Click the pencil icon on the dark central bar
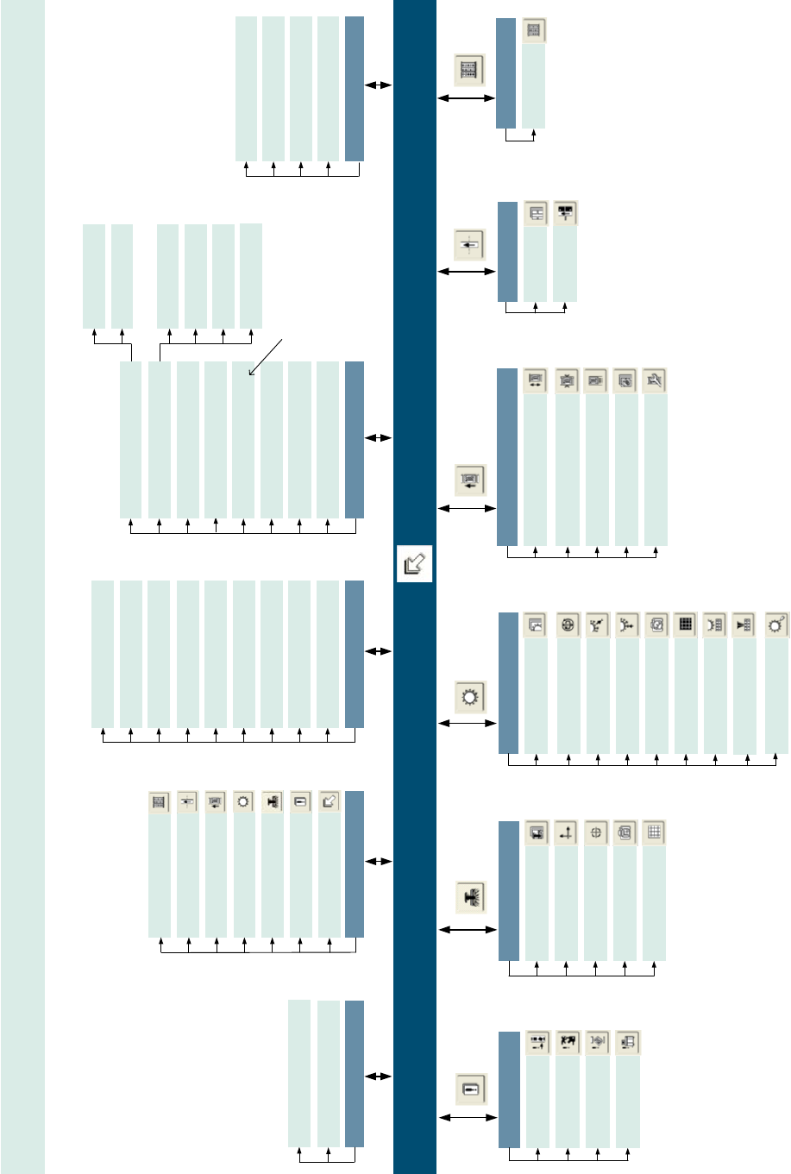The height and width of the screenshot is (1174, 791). coord(414,564)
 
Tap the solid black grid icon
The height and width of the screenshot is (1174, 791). coord(686,625)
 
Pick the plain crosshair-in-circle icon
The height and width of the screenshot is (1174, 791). coord(596,833)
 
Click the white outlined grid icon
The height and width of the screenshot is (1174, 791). coord(655,833)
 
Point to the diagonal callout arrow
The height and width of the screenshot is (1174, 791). coord(265,357)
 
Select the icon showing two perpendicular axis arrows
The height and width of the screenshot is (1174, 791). coord(566,833)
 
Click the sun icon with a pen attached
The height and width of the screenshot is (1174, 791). coord(777,625)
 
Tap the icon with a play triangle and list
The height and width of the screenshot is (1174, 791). coord(744,625)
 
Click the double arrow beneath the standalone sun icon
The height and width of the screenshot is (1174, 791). coord(468,723)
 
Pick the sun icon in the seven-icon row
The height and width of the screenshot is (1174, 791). coord(244,802)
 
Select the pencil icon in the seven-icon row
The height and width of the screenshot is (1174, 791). coord(329,802)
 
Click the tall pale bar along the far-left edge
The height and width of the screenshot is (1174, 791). coord(22,587)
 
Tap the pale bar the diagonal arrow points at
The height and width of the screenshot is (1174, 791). coord(243,440)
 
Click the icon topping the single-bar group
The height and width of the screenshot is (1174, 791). coord(534,31)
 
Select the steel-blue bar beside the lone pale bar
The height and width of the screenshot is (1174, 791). coord(505,73)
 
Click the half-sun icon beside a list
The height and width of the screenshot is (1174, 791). coord(714,625)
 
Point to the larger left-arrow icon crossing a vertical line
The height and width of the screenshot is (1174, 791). coord(469,245)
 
